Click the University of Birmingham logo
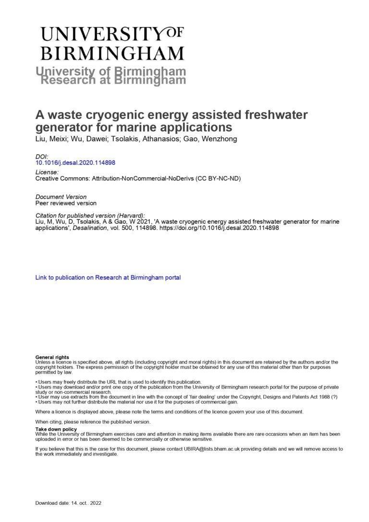click(x=112, y=43)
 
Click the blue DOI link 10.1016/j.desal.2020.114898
click(x=75, y=163)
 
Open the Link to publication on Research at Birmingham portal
click(x=108, y=278)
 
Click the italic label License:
click(x=47, y=172)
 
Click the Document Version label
click(x=61, y=196)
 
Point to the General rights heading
click(x=52, y=357)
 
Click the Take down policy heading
click(x=56, y=429)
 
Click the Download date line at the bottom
click(x=68, y=503)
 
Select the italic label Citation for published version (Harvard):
click(x=90, y=215)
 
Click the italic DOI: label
click(x=42, y=157)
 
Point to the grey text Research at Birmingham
click(x=113, y=80)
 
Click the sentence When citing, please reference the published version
click(x=93, y=422)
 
